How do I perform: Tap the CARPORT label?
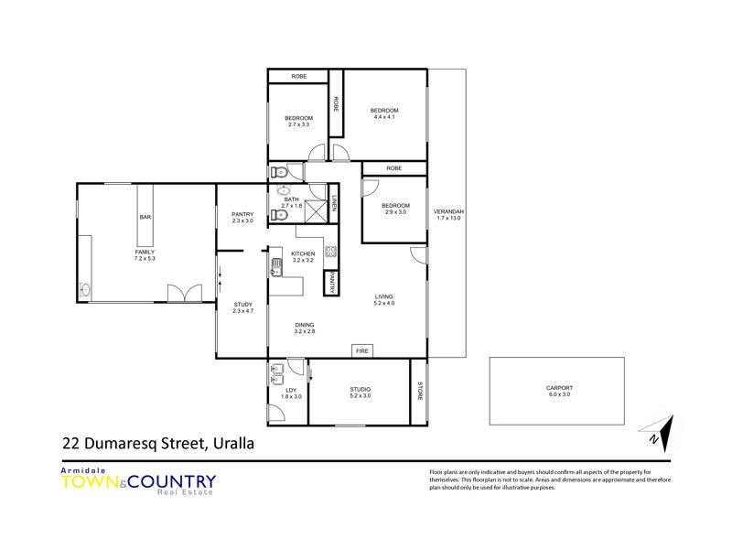tap(557, 386)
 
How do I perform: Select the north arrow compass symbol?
tap(660, 431)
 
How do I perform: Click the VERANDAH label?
tap(448, 212)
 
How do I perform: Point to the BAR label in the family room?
tap(145, 217)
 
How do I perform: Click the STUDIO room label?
tap(360, 390)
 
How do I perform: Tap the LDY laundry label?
tap(291, 390)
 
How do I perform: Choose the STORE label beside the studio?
tap(419, 391)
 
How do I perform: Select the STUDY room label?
tap(242, 304)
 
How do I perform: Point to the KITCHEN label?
tap(303, 253)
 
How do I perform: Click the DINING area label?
tap(305, 325)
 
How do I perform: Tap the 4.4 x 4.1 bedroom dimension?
tap(385, 117)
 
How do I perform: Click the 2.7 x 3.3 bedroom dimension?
tap(299, 124)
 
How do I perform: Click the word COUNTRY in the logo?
tap(174, 481)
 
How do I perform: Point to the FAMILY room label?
tap(145, 252)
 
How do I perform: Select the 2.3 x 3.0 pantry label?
tap(242, 221)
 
